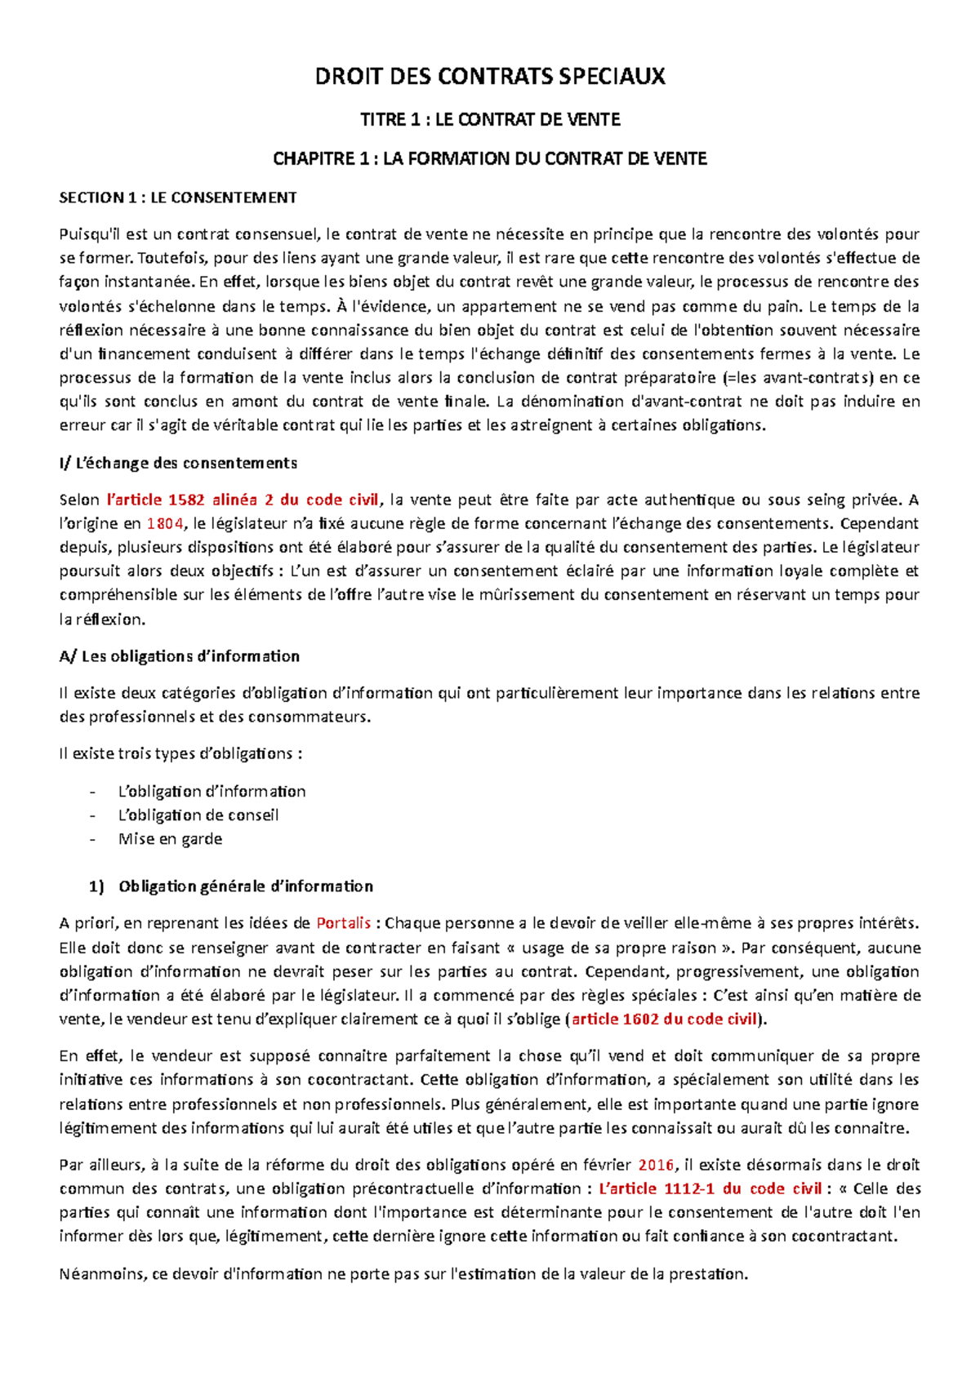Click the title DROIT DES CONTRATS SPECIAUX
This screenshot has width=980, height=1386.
490,77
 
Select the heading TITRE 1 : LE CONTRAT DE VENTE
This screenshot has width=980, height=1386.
490,120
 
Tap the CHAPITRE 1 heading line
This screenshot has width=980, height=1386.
490,158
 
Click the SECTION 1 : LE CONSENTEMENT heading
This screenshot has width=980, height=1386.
178,198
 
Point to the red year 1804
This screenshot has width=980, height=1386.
165,524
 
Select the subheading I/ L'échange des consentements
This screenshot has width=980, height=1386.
178,464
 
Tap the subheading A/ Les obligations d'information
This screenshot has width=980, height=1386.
180,656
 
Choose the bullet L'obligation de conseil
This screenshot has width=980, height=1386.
198,815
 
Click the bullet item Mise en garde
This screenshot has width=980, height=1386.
170,838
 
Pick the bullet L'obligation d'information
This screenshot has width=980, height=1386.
212,791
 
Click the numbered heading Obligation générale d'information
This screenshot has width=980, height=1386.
245,886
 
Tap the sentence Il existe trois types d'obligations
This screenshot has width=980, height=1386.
180,753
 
